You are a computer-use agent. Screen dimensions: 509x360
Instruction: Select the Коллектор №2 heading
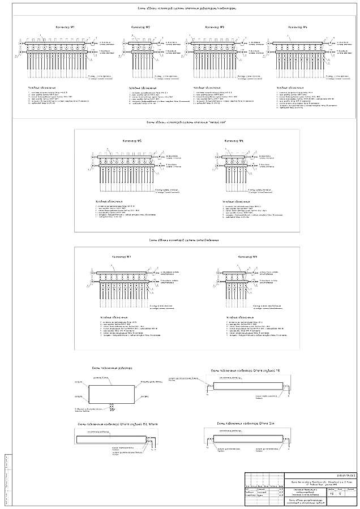point(140,27)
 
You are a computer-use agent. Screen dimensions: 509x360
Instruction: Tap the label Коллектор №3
point(215,27)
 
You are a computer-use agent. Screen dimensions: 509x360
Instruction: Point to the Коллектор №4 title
point(297,27)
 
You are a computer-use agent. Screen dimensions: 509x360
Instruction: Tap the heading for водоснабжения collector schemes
point(183,240)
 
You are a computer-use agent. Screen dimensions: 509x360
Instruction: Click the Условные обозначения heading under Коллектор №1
point(42,88)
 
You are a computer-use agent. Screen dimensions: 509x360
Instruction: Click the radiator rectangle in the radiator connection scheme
point(112,394)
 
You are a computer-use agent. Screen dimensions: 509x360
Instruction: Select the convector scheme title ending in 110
point(246,370)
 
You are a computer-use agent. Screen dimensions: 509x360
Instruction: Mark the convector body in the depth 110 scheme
point(245,386)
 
